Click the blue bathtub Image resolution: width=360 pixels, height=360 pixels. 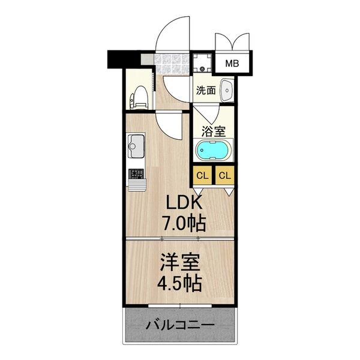(213, 150)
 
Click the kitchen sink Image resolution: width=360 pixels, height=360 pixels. (135, 146)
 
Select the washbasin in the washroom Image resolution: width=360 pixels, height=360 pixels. (227, 90)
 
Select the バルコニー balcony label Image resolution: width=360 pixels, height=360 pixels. (179, 327)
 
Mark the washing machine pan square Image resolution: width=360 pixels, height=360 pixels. (202, 62)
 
